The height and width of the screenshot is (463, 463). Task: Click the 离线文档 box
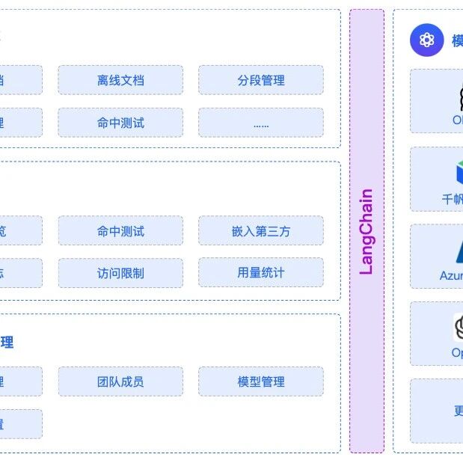click(120, 80)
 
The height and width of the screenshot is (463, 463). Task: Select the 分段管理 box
click(260, 80)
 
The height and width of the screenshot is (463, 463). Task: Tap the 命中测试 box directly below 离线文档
click(120, 123)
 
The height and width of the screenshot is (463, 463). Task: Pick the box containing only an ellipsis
click(260, 123)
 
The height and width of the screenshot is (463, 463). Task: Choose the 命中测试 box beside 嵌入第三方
click(120, 231)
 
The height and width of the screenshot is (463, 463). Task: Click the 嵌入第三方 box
click(260, 231)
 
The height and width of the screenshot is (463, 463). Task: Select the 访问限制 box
click(120, 273)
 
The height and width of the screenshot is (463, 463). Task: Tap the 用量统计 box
click(260, 273)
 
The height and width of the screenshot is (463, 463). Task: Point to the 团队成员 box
click(120, 381)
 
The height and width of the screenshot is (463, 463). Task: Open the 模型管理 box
click(260, 381)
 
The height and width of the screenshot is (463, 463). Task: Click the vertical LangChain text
click(367, 231)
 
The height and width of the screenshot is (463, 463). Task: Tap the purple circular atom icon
click(427, 40)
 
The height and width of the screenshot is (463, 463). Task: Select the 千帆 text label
click(453, 200)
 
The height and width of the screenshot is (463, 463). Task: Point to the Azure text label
click(451, 276)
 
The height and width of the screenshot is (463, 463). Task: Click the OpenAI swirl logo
click(459, 327)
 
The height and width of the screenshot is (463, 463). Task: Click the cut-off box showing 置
click(20, 424)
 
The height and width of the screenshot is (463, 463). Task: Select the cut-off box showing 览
click(20, 231)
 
